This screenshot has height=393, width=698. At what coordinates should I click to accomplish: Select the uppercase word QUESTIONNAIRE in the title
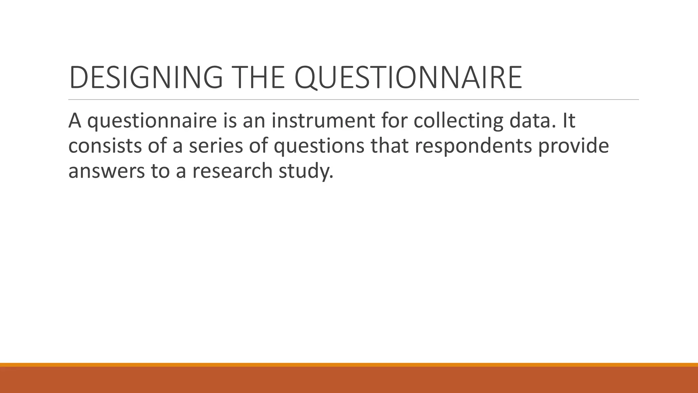[x=408, y=77]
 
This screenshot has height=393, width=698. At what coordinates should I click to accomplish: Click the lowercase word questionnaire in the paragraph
[x=152, y=121]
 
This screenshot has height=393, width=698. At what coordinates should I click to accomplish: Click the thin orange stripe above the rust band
[x=349, y=365]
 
